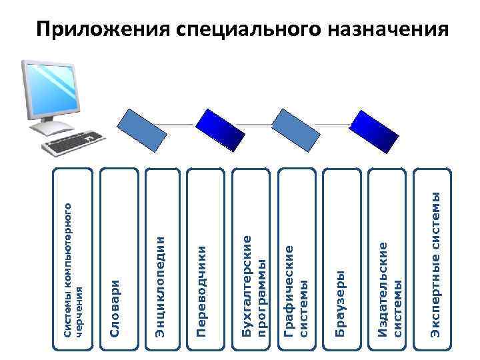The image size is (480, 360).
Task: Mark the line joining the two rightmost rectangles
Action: [333, 124]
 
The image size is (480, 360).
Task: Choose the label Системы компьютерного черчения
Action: [73, 267]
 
